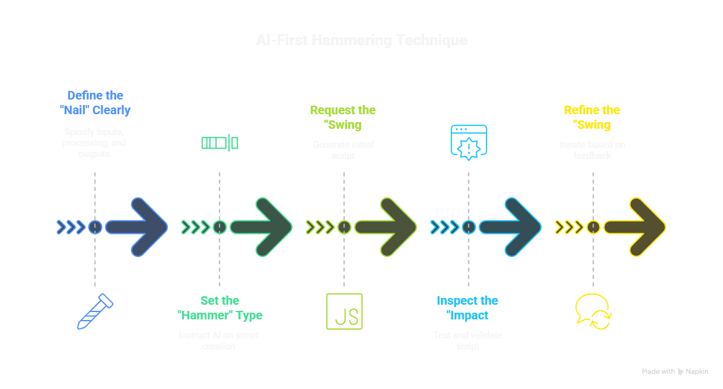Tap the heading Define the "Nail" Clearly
pos(95,103)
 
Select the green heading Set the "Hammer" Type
pos(220,308)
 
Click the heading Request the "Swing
pos(343,117)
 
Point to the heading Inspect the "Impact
pos(467,308)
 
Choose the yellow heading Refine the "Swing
pos(592,117)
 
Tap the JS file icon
pos(344,311)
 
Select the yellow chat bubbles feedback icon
pos(593,311)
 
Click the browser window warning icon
pos(468,143)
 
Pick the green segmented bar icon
pos(219,143)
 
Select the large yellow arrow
pos(634,227)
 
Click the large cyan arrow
pos(510,227)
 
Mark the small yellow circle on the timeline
pos(593,227)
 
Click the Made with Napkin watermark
pos(675,371)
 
